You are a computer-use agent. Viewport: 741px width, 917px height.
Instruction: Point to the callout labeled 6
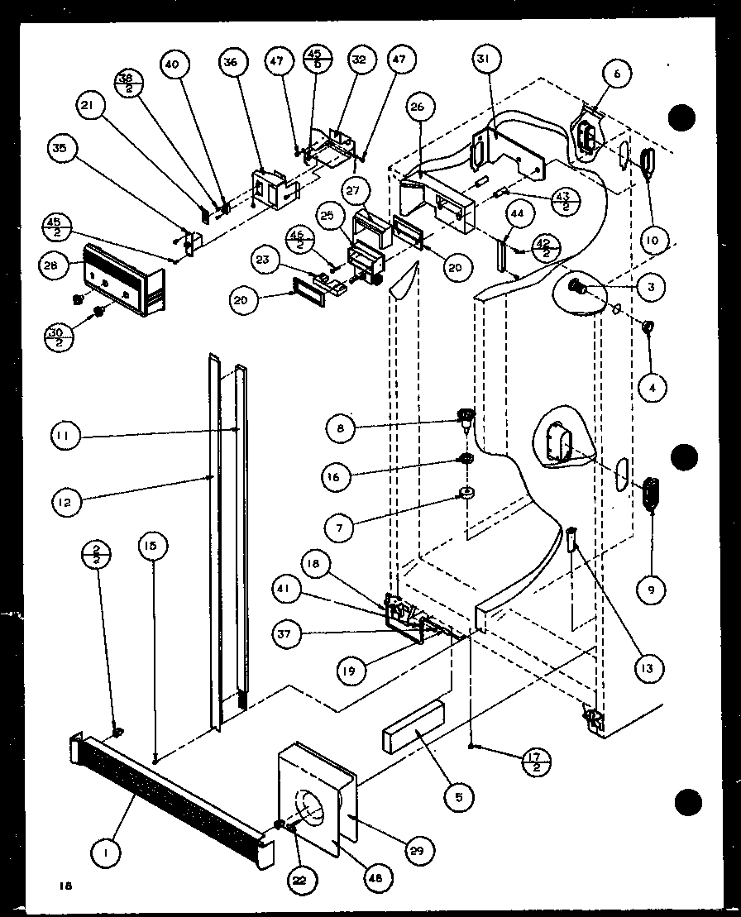(x=616, y=74)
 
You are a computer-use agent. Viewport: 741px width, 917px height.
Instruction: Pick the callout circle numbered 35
(x=62, y=150)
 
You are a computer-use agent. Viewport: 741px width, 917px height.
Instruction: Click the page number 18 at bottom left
(x=65, y=886)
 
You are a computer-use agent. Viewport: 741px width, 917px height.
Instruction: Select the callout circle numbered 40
(x=176, y=65)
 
